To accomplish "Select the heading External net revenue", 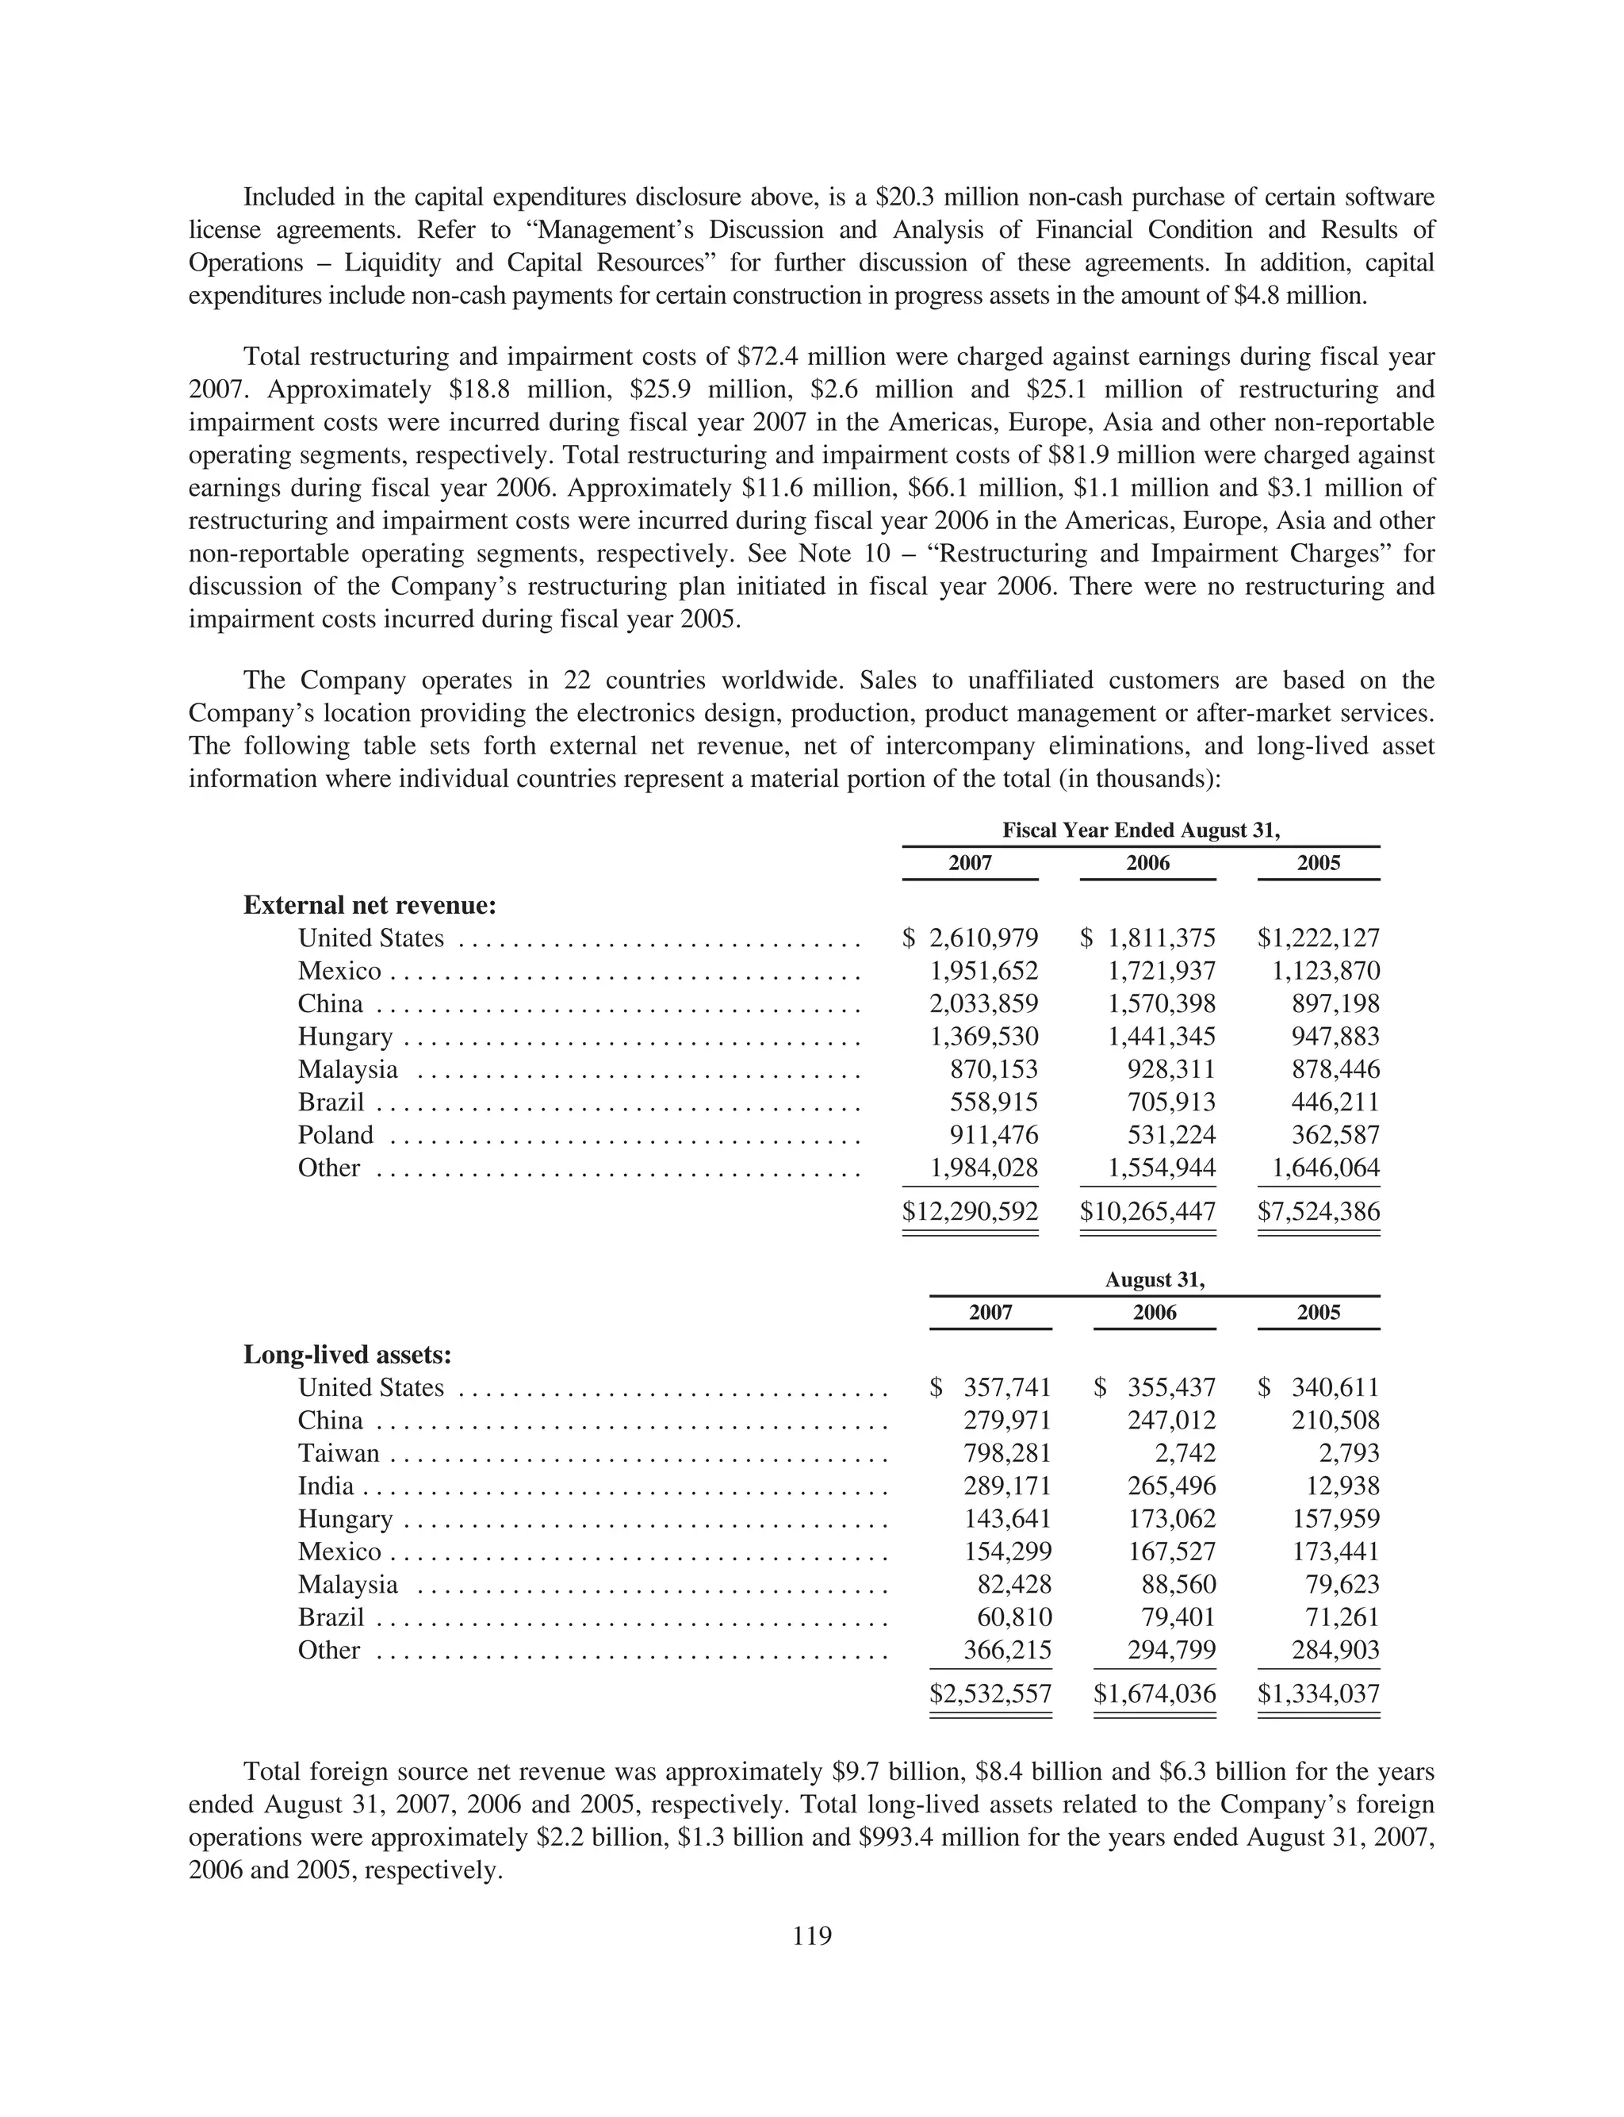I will (370, 906).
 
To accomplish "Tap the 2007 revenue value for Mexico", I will (983, 971).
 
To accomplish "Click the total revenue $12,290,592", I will (970, 1211).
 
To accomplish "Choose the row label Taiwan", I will (339, 1453).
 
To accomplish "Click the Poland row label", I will (335, 1135).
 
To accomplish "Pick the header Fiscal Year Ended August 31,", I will (1140, 830).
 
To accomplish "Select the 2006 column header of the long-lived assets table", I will (1155, 1312).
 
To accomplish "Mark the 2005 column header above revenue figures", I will (1319, 863).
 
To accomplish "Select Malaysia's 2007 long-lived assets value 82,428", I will (1014, 1584).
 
